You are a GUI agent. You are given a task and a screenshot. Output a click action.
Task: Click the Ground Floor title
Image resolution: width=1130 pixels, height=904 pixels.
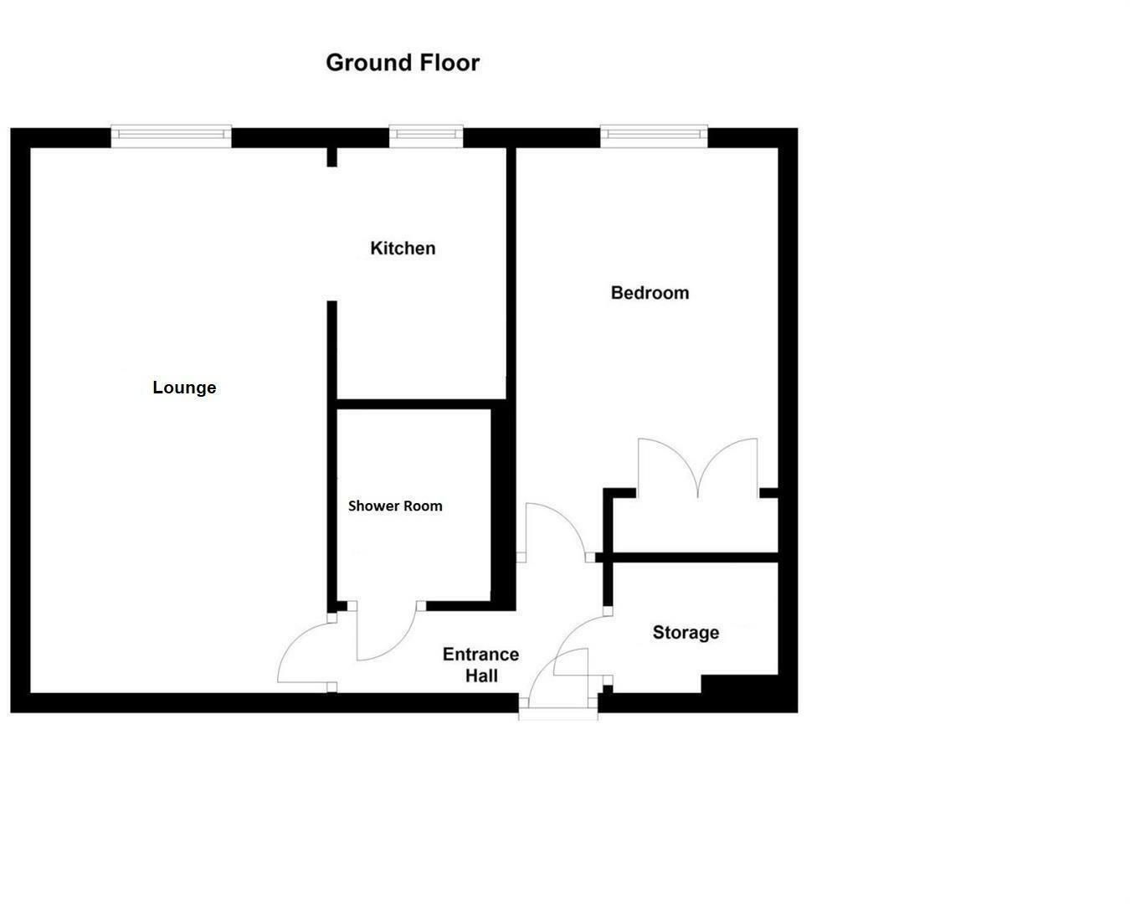tap(402, 63)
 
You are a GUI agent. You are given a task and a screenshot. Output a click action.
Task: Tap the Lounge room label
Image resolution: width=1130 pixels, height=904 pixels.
tap(184, 388)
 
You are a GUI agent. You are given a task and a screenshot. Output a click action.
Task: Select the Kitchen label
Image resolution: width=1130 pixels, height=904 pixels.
tap(403, 249)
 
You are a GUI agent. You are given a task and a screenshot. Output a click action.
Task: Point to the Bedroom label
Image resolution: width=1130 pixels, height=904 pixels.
tap(650, 293)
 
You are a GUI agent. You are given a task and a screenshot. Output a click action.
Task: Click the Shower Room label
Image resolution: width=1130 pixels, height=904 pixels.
tap(395, 506)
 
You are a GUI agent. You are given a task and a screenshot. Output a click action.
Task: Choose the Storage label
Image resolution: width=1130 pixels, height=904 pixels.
tap(686, 633)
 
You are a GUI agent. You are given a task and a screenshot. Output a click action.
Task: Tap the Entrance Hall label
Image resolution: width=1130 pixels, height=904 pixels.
tap(481, 665)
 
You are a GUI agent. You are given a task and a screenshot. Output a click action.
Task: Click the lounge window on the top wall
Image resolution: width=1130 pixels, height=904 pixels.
tap(171, 135)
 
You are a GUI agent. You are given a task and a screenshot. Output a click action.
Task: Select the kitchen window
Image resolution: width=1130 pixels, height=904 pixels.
tap(426, 135)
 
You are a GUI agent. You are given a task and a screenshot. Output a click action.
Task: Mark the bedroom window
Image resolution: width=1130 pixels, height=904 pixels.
tap(654, 135)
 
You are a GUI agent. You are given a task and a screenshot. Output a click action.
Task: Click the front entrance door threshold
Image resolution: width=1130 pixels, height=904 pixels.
tap(558, 714)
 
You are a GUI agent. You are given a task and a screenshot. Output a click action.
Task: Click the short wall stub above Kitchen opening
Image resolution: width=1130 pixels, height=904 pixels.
tap(331, 157)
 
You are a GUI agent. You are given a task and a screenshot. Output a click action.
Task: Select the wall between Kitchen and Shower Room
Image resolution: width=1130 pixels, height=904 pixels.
tap(421, 404)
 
